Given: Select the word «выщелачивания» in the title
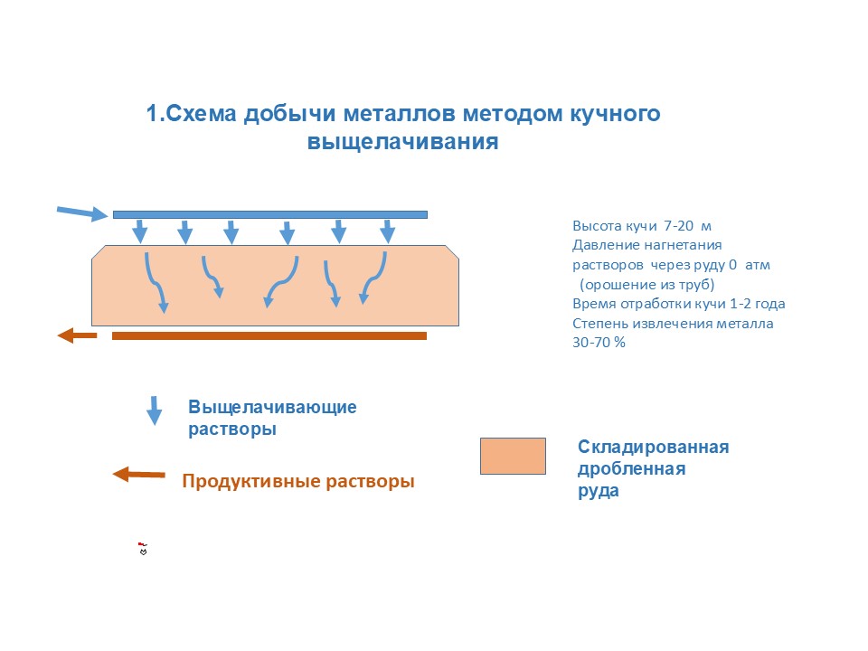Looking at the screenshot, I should (403, 143).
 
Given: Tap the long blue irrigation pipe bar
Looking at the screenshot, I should (269, 214).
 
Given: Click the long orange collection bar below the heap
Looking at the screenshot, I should (269, 335).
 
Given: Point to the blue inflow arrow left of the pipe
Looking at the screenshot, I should (82, 212).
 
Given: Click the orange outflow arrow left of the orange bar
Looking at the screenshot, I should (77, 336).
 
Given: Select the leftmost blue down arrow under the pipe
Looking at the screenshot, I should (140, 231).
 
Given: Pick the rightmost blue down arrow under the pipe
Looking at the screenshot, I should (387, 231).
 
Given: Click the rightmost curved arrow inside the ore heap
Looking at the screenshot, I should (373, 278).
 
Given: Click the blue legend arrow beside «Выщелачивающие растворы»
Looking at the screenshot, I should (155, 410).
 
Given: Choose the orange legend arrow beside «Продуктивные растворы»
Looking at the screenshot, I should (138, 474).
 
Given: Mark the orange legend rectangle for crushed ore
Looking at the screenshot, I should (513, 456).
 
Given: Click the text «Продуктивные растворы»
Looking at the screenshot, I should (298, 482).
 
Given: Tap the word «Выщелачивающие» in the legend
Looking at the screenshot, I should (272, 407).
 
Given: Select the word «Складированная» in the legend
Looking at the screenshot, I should (653, 448).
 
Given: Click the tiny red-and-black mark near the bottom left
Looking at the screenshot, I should (142, 548).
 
